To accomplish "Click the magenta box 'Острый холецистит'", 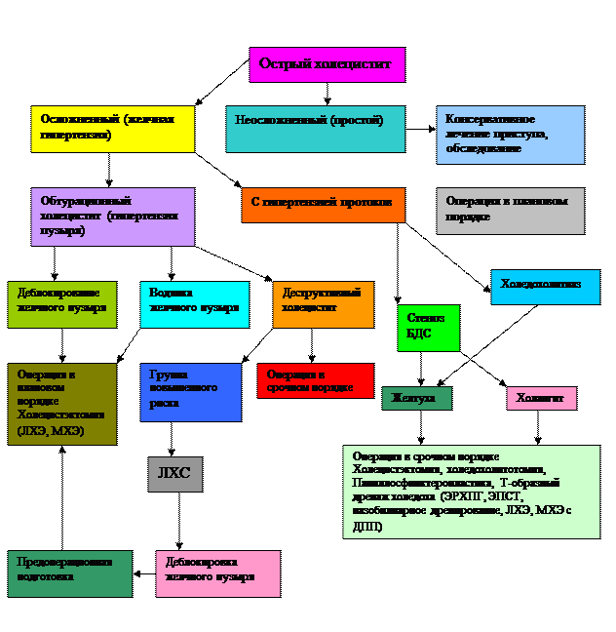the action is (x=327, y=64).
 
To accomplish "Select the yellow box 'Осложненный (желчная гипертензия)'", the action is (x=112, y=129).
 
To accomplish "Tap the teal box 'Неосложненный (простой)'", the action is (x=315, y=129).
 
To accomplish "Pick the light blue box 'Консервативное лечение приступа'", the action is (x=510, y=135).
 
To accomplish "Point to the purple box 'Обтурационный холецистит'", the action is (x=112, y=217).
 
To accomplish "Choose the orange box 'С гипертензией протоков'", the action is (x=323, y=205).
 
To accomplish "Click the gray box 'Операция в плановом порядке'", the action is (x=510, y=211).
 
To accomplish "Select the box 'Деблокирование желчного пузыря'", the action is (x=61, y=304).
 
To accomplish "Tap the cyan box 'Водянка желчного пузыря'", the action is (x=194, y=304).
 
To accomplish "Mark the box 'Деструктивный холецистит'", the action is (x=323, y=304).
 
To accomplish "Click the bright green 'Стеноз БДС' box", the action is (x=428, y=328).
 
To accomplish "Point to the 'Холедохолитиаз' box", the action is (x=545, y=287).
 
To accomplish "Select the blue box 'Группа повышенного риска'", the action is (x=190, y=392).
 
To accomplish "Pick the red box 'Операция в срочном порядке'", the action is (x=315, y=380).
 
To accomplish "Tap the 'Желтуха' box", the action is (x=416, y=398).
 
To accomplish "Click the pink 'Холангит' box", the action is (x=541, y=398).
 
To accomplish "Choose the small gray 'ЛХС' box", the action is (x=174, y=474).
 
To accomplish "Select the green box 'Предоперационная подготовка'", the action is (x=69, y=573).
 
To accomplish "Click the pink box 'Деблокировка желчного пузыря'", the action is (x=217, y=573).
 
